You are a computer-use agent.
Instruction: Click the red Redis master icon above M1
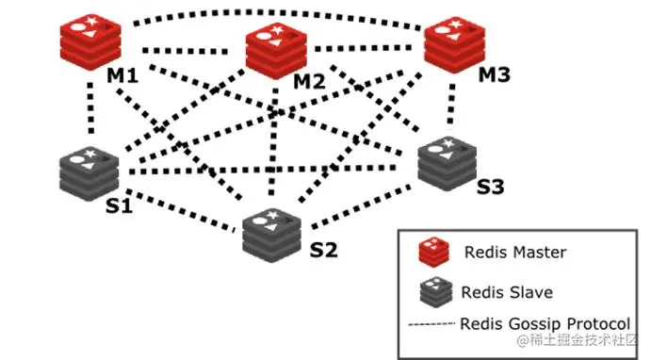tap(91, 41)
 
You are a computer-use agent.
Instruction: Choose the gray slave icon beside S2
tap(272, 231)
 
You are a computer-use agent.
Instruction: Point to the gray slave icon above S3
tap(446, 164)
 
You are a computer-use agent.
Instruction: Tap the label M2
tap(308, 82)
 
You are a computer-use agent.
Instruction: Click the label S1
tap(119, 205)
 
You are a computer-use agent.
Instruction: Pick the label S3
tap(490, 188)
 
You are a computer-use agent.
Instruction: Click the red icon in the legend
tap(434, 253)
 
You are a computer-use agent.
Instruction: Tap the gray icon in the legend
tap(434, 292)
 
